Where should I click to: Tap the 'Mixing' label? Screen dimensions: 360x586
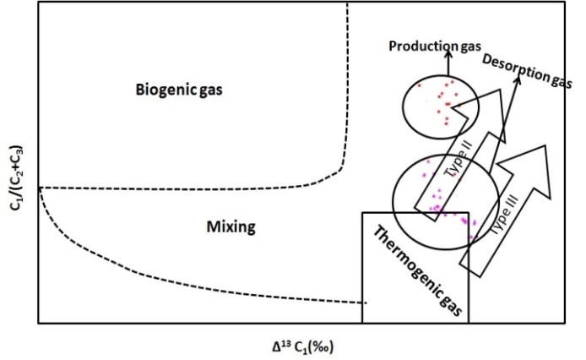point(231,226)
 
